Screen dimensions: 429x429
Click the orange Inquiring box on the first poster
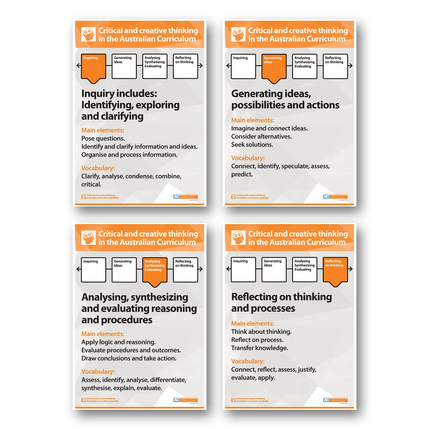(94, 67)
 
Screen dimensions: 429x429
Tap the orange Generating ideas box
(274, 67)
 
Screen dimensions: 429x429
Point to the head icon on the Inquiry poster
(88, 34)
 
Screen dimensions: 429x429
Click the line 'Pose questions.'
(103, 138)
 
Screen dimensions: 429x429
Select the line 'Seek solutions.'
(252, 145)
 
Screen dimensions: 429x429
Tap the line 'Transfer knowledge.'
(259, 348)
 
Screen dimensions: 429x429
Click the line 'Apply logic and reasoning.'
(118, 342)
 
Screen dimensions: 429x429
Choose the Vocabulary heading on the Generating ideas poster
(248, 158)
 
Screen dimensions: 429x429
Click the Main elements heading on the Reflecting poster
(253, 323)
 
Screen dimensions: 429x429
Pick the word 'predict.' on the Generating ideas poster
(242, 174)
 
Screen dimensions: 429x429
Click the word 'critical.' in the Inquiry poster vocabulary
(91, 184)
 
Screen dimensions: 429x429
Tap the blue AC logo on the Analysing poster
(176, 400)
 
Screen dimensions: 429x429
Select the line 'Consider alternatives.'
(261, 136)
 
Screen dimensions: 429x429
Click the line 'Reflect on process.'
(257, 340)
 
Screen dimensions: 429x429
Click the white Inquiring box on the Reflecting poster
(243, 269)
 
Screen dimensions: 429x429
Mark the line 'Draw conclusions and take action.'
(129, 358)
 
